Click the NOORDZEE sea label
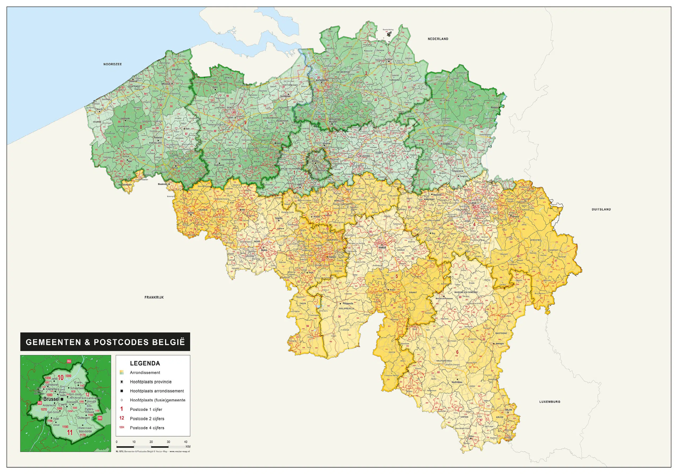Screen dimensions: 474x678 [113, 64]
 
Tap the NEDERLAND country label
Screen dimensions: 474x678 [438, 39]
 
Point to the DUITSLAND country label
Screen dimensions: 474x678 [601, 209]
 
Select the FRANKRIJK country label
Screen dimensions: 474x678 [154, 297]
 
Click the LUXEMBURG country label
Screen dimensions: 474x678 [550, 402]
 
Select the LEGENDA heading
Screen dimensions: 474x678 [145, 363]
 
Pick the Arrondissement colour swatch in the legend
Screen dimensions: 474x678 [122, 372]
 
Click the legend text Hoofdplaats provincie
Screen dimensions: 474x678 [151, 382]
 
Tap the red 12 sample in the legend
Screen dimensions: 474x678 [122, 418]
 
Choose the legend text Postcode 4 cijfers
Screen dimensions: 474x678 [147, 428]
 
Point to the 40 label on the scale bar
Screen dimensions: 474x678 [185, 442]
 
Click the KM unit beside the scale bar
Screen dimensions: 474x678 [188, 446]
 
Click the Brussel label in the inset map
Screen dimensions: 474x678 [51, 399]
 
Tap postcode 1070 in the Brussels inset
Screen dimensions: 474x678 [44, 409]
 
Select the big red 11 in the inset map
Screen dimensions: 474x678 [70, 433]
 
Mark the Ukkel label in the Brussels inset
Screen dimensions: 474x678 [56, 425]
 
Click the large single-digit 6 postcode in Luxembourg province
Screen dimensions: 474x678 [457, 352]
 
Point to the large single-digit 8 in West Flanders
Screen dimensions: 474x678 [141, 127]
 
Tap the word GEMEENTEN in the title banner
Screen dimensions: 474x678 [53, 342]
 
